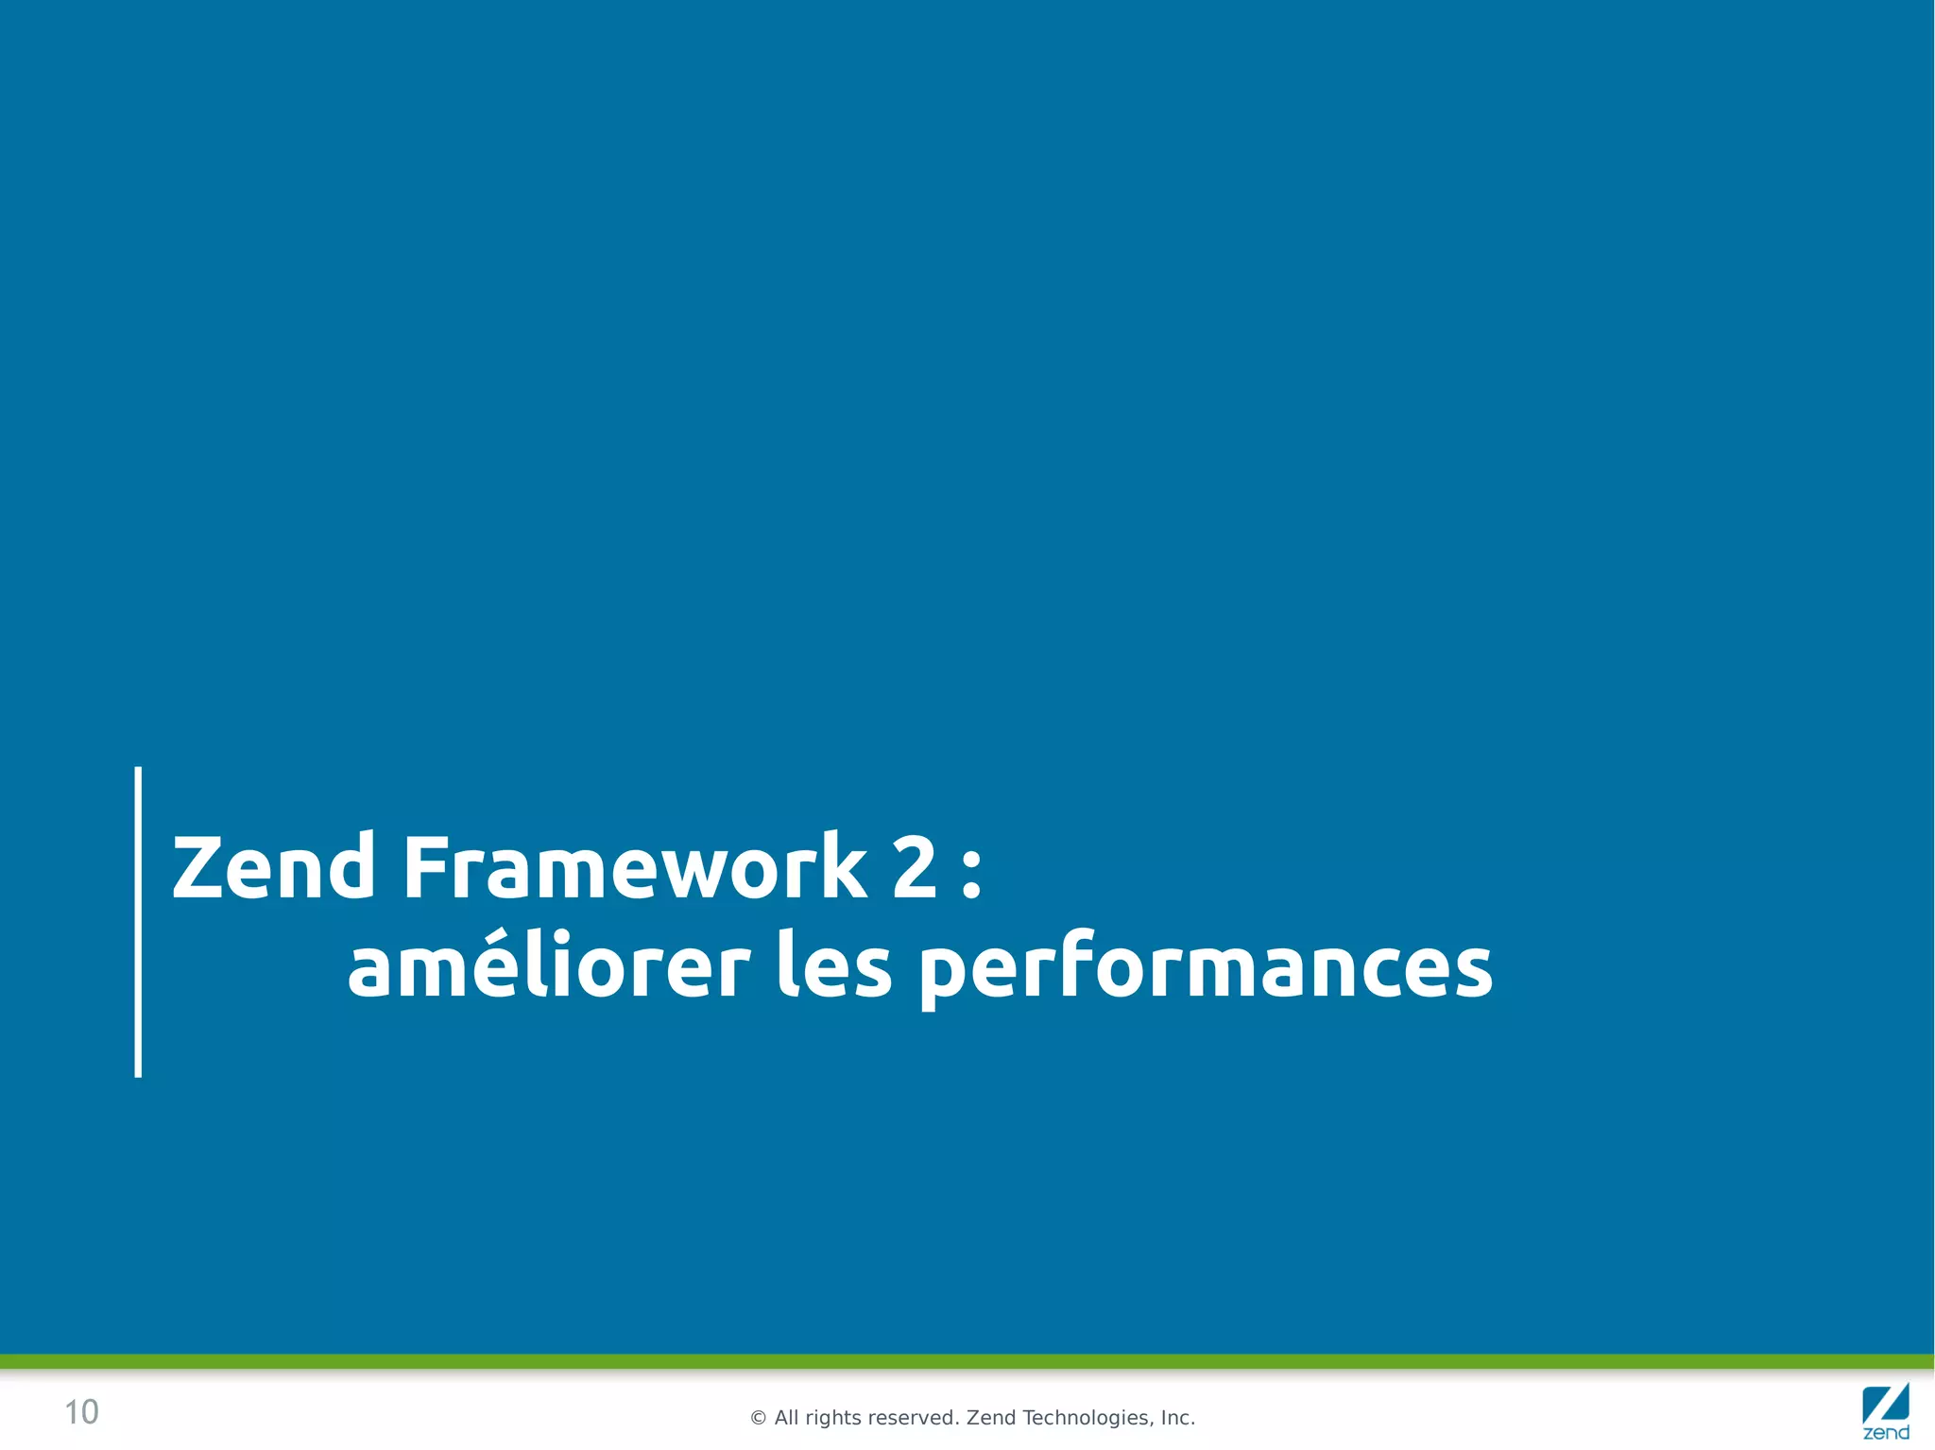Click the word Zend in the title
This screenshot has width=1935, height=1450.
click(x=274, y=866)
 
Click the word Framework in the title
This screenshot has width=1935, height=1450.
click(x=634, y=866)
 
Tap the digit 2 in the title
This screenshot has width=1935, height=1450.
click(x=914, y=866)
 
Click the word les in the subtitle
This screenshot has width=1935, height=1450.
click(x=833, y=967)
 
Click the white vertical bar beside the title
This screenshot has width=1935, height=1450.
click(x=138, y=921)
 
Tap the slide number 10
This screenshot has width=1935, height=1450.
click(x=81, y=1412)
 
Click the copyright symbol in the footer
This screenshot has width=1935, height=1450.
click(x=758, y=1418)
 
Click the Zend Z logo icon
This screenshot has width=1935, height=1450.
click(x=1885, y=1403)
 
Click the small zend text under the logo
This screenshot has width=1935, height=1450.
click(x=1886, y=1433)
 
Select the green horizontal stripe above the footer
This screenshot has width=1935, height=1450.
click(x=967, y=1361)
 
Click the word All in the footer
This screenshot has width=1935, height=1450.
click(x=786, y=1418)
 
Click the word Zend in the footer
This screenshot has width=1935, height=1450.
click(x=990, y=1418)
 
